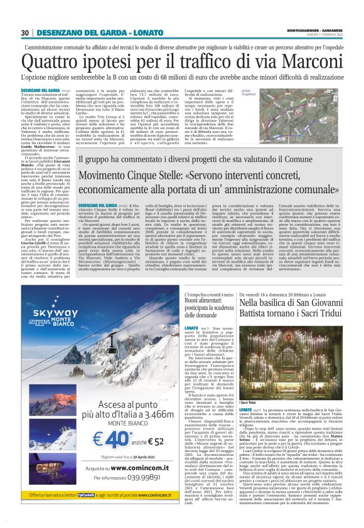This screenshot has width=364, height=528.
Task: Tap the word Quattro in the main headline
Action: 51,61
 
